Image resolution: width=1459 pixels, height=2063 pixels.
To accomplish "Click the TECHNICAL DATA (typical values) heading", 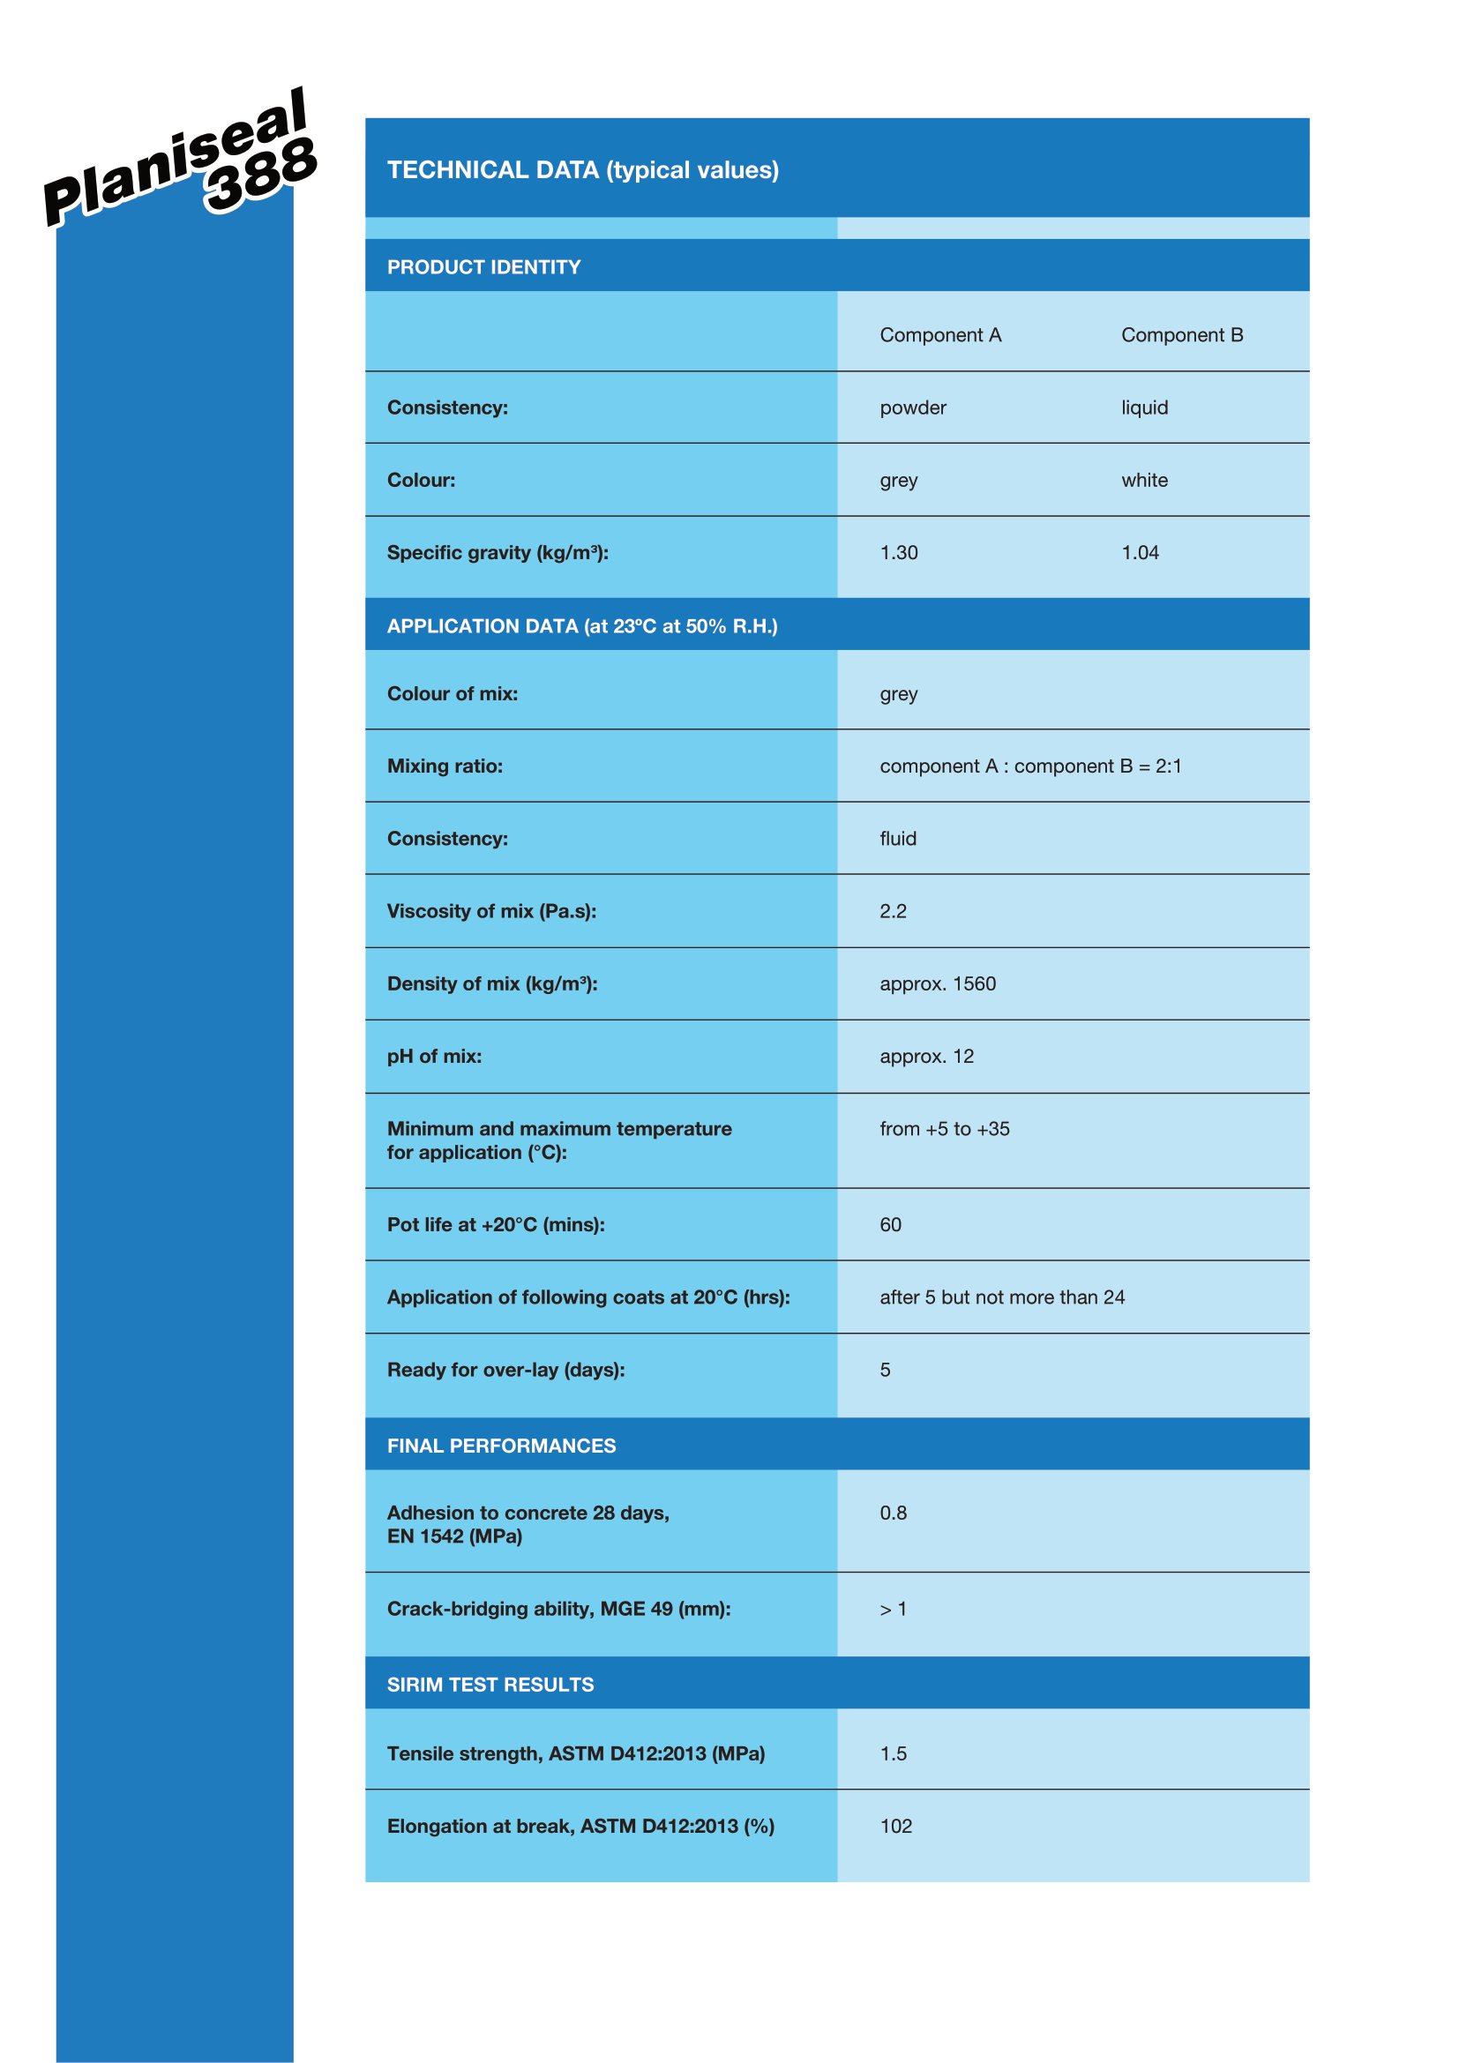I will click(582, 170).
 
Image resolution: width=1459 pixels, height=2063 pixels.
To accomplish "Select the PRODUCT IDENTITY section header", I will click(483, 267).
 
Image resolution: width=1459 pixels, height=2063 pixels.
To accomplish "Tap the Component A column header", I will click(939, 335).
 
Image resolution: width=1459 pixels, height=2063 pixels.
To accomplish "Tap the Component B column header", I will click(1181, 335).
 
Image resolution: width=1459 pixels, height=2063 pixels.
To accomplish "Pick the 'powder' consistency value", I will click(913, 408).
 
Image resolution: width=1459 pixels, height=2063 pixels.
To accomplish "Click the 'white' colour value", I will click(1144, 481).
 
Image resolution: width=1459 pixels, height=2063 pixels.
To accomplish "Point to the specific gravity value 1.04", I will click(1139, 553).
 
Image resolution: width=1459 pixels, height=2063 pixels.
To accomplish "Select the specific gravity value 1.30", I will click(898, 553).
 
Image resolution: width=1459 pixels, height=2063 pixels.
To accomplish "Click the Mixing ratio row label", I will click(445, 766).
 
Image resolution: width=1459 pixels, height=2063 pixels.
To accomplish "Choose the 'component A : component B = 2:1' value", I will click(1030, 766).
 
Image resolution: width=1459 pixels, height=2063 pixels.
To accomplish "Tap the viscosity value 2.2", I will click(893, 911).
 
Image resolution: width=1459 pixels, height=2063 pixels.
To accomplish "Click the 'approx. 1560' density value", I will click(937, 984).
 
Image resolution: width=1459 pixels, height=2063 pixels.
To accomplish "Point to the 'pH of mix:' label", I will click(434, 1057).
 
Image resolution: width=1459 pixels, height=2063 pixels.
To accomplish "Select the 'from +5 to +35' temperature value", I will click(944, 1129).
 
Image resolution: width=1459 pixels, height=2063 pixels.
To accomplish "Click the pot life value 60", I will click(890, 1225).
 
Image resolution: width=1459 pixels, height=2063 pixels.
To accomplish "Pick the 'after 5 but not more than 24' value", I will click(1002, 1297).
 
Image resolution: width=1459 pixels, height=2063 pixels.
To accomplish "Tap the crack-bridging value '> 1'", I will click(893, 1610).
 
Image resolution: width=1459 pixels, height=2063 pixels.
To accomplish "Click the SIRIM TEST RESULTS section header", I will click(490, 1685).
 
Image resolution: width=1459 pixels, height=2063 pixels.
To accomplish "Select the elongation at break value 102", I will click(895, 1827).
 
